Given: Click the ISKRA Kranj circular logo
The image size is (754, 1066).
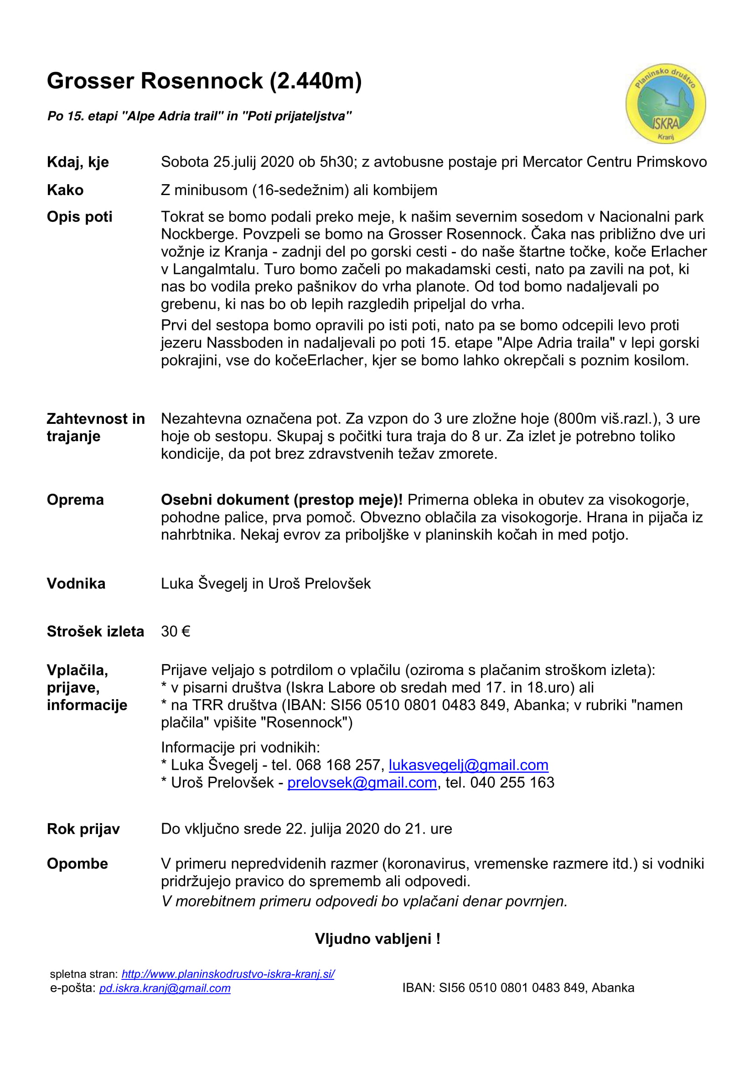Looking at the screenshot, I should [665, 103].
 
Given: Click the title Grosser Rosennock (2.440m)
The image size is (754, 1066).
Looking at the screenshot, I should [204, 81].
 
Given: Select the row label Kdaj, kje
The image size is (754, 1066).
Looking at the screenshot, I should [78, 162].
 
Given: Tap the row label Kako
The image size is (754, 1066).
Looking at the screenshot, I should [65, 190].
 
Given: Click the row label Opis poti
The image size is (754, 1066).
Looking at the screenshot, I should [79, 217].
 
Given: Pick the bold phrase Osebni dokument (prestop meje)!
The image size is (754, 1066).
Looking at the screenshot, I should [281, 500].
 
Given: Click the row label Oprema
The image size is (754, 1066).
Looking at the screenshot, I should [75, 500].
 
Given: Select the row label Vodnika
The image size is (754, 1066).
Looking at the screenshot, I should [76, 584].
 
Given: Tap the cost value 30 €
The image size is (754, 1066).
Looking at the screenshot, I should [176, 631].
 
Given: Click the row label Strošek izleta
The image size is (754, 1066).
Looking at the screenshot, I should [95, 631].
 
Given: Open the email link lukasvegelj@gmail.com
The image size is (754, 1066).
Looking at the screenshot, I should [468, 765].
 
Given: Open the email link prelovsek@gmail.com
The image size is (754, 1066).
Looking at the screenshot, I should [362, 783].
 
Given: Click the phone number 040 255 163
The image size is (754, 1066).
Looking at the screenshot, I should [512, 783].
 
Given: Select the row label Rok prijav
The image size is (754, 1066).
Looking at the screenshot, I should [83, 829].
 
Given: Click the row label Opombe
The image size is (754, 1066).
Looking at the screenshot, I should [77, 864].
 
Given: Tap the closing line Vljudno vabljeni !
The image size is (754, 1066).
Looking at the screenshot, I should [377, 939].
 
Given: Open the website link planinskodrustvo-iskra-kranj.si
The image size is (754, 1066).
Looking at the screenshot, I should [227, 974].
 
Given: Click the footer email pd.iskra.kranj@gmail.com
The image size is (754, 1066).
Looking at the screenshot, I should [165, 988].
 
